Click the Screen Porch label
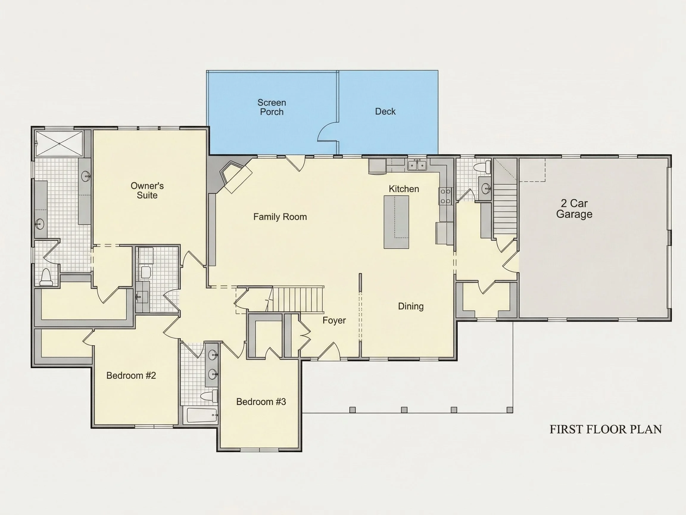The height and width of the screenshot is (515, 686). tap(272, 107)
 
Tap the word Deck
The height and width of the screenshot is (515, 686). tap(385, 111)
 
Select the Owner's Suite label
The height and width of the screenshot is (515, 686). tap(147, 190)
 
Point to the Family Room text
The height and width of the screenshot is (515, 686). tap(280, 217)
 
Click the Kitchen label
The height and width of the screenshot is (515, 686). tap(404, 189)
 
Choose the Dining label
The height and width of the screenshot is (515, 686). tap(411, 306)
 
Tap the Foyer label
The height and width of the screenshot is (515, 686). tap(334, 320)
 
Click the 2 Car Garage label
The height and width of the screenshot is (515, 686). tap(574, 209)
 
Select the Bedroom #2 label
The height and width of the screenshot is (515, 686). tap(131, 376)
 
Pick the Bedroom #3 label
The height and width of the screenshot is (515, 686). tap(261, 402)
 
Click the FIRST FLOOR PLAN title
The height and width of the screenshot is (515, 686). tap(606, 429)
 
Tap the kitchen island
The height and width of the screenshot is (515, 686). tap(396, 222)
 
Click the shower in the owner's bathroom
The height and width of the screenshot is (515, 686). tap(59, 144)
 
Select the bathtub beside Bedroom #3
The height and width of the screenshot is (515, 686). tap(202, 415)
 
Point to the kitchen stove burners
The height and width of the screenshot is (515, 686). tap(445, 196)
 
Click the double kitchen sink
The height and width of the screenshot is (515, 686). tap(417, 165)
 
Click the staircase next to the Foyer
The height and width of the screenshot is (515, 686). tap(298, 299)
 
